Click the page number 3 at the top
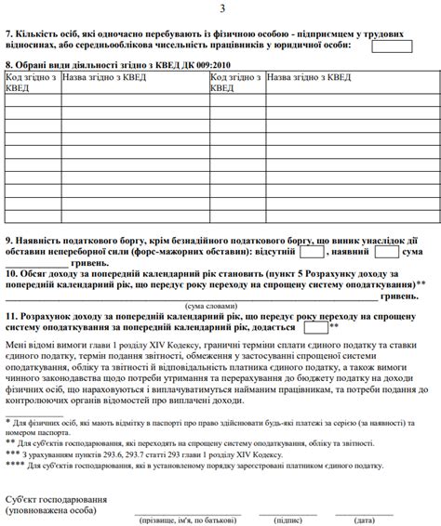[x=221, y=9]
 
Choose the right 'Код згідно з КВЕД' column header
[x=235, y=82]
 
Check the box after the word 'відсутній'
[x=312, y=251]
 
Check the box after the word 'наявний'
[x=387, y=251]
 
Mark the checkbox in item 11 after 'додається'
[x=315, y=327]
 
